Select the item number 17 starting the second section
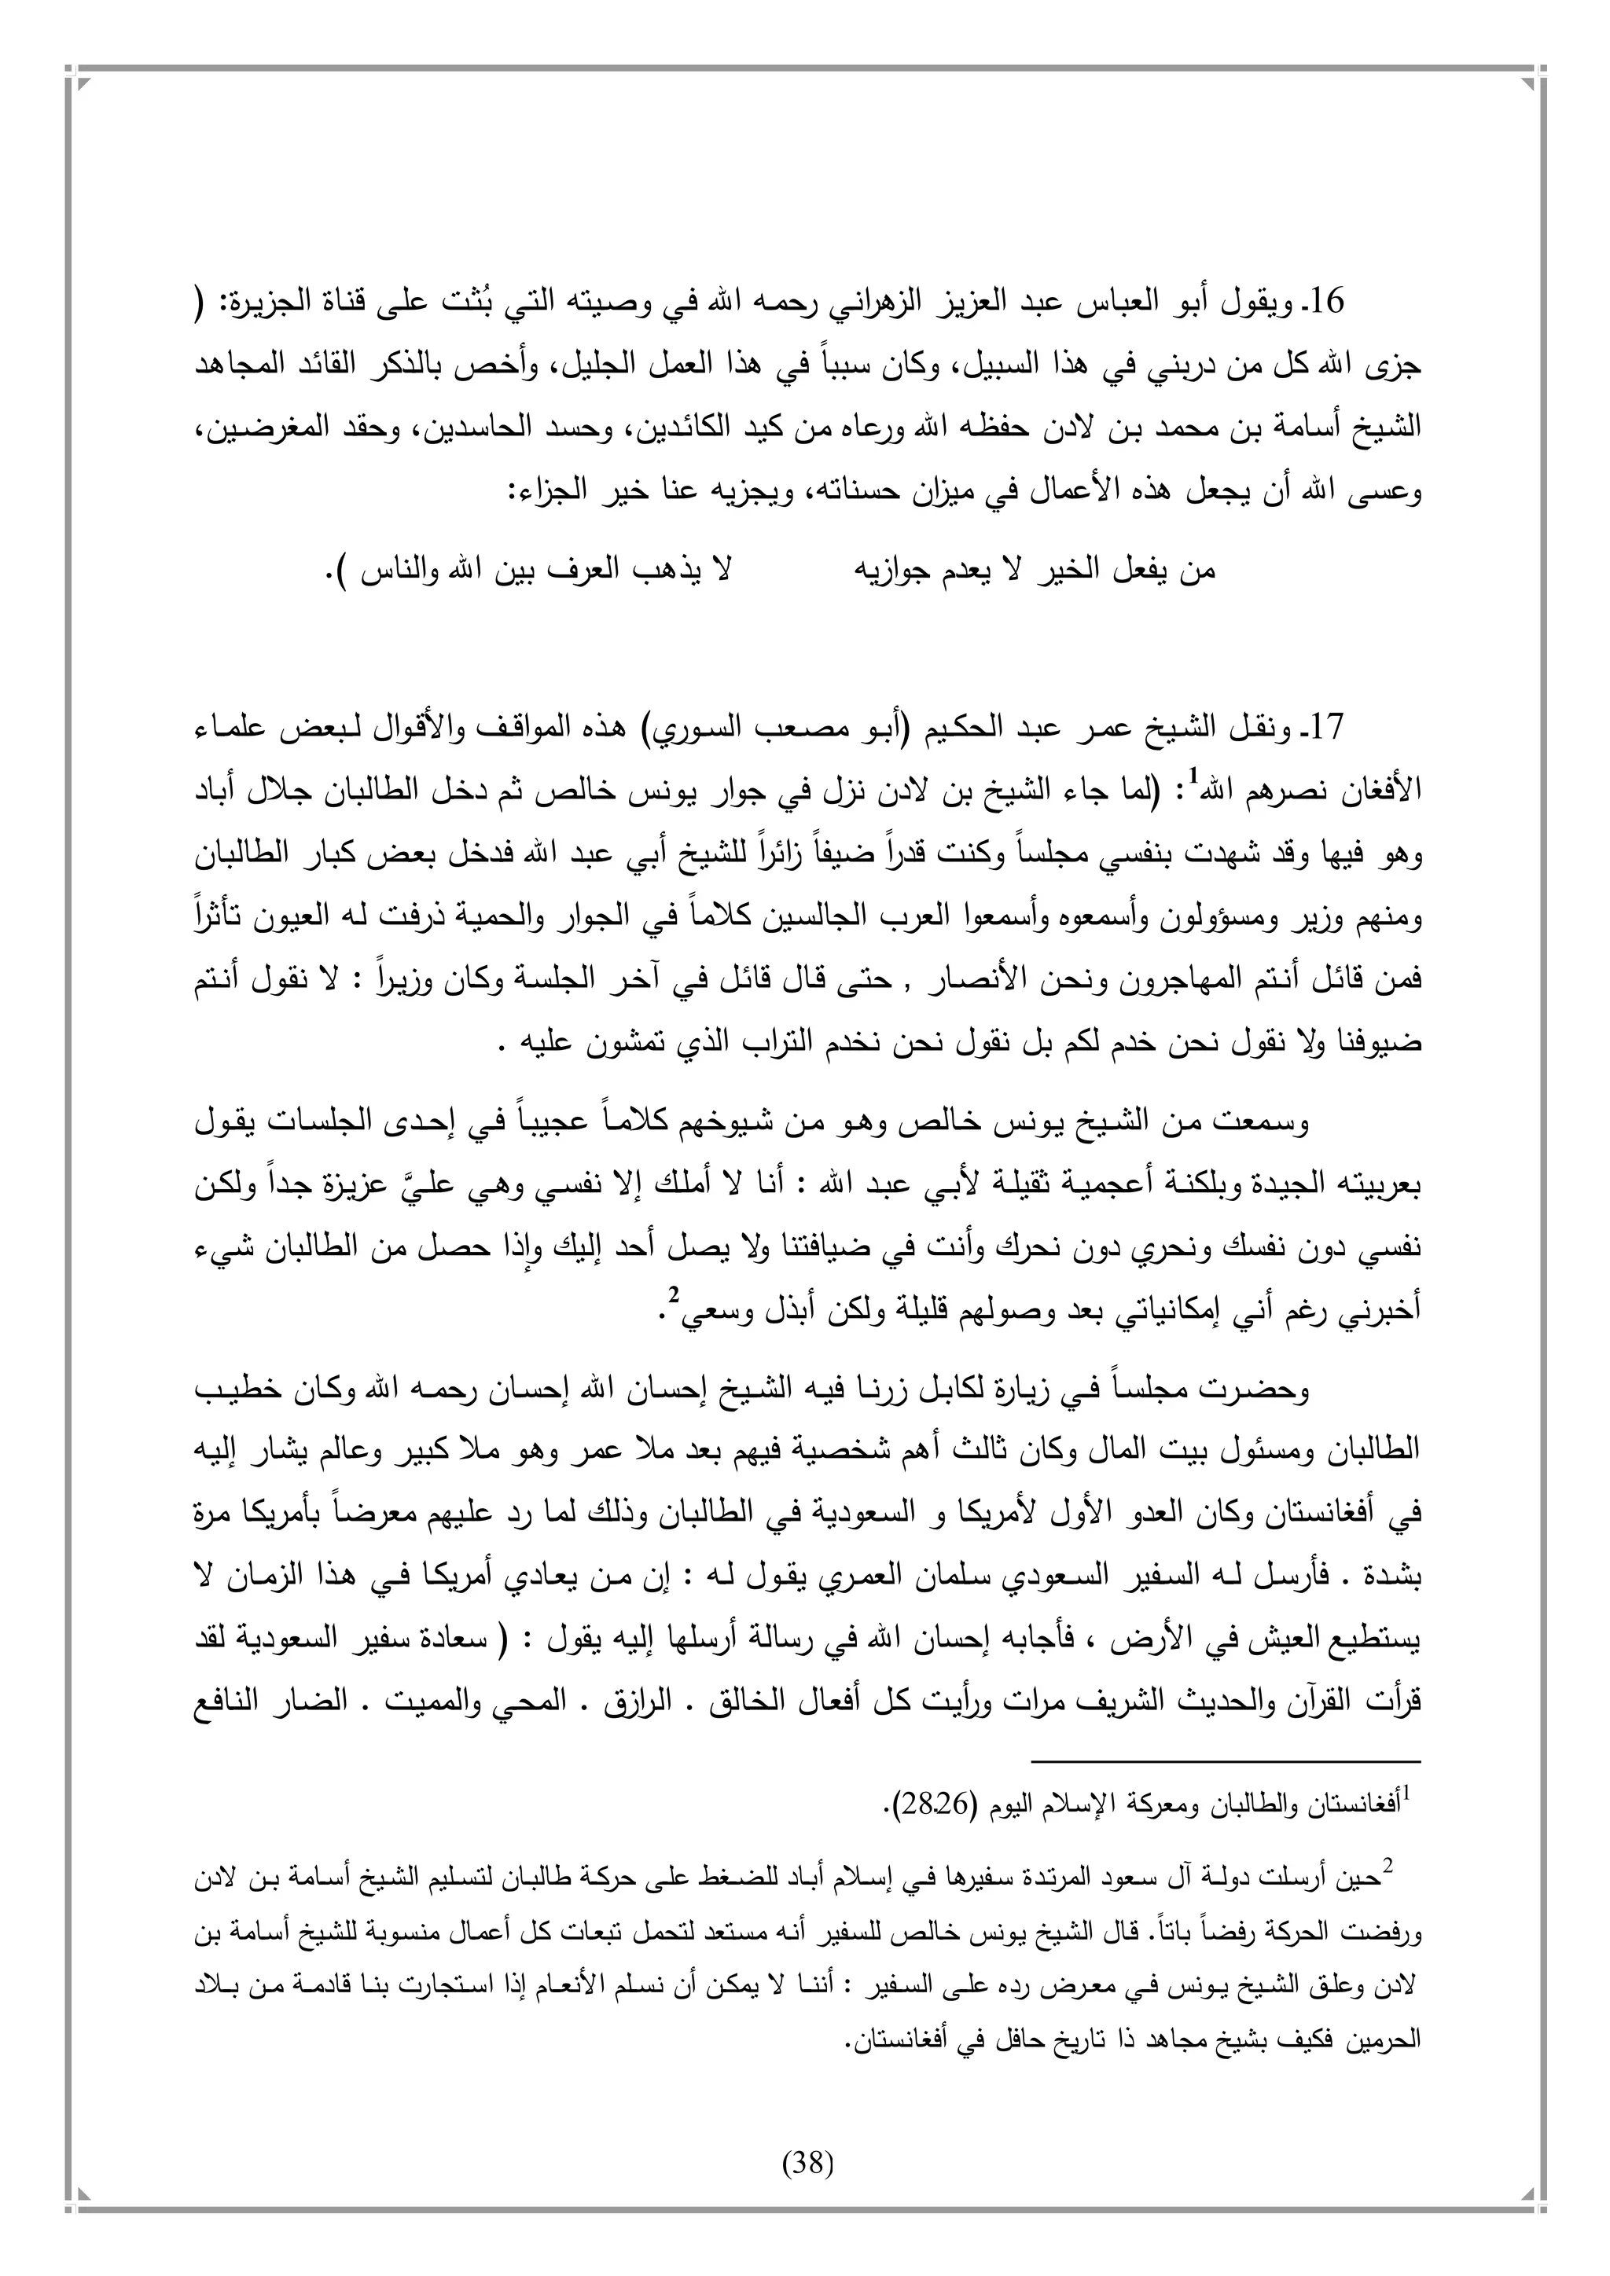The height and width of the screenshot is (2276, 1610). coord(1325,729)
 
